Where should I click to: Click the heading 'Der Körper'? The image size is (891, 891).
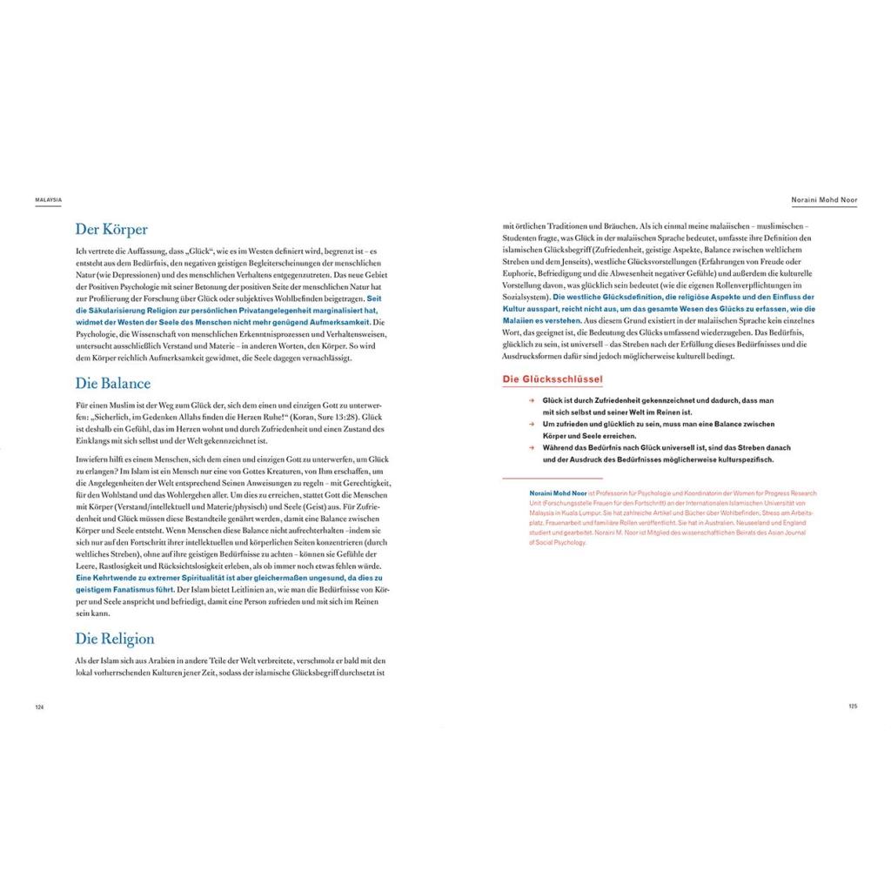pos(111,230)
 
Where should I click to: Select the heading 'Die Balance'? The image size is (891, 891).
pos(113,383)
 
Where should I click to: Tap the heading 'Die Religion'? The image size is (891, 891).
pos(115,639)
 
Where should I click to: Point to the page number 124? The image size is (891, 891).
pos(39,707)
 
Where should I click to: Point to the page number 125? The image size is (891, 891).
pos(853,706)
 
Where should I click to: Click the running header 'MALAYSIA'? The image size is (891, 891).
pos(48,199)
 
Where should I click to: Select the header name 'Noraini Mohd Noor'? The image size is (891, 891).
pos(823,199)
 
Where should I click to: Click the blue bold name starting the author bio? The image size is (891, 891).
pos(558,492)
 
